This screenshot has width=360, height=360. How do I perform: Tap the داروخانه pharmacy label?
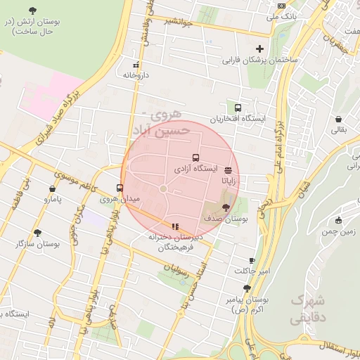point(136,73)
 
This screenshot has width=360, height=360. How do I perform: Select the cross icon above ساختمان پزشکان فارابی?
point(260,49)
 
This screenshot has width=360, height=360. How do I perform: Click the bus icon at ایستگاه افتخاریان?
point(238,108)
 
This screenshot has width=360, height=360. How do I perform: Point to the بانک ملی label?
point(285,15)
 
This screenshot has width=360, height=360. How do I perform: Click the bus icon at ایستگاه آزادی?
point(195,159)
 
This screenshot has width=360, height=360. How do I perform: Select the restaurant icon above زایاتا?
point(229,170)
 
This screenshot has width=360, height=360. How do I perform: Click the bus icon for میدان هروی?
point(120,188)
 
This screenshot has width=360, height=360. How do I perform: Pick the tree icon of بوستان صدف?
point(225,207)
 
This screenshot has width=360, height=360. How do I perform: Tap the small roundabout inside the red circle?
point(163,188)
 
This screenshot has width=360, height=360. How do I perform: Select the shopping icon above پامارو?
point(53,188)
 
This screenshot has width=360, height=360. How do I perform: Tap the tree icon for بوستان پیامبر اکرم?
point(246,288)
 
